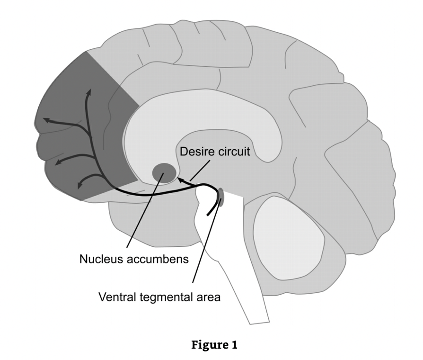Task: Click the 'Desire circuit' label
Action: tap(214, 152)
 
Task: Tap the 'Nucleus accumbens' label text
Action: tap(134, 259)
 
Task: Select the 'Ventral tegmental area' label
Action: tap(159, 297)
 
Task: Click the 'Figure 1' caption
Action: tap(214, 345)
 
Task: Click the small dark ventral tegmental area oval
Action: tap(221, 196)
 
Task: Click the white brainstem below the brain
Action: tap(232, 265)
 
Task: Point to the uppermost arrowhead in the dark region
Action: tap(88, 91)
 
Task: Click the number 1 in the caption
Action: tap(234, 345)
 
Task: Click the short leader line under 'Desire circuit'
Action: tap(199, 170)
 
